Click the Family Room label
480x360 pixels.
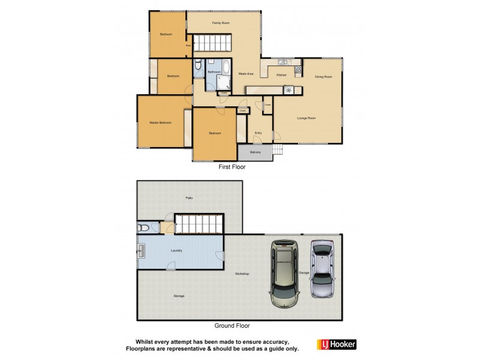(221, 23)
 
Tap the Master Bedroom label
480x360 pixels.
(160, 123)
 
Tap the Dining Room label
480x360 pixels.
(323, 77)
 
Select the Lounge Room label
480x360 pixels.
(307, 118)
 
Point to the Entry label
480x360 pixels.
(258, 133)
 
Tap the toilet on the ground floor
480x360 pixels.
(142, 227)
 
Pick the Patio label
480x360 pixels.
(189, 197)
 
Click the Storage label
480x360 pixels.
(179, 296)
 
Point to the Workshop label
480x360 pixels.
(242, 274)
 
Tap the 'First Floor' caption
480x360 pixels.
(232, 167)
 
